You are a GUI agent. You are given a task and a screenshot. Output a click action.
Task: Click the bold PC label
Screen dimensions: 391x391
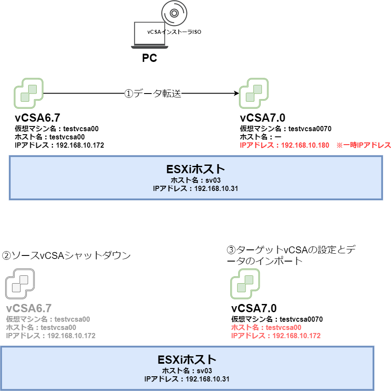point(149,58)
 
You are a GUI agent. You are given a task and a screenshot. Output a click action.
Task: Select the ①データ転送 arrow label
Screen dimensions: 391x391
point(152,94)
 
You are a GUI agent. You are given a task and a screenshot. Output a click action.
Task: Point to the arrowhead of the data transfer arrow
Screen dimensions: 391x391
point(236,93)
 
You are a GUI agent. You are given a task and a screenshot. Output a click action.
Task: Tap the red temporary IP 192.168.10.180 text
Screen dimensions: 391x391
point(284,145)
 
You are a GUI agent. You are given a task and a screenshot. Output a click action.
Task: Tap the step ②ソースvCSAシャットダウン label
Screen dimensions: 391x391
point(66,255)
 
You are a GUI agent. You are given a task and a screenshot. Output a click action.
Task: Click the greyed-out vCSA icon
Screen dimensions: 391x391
point(20,284)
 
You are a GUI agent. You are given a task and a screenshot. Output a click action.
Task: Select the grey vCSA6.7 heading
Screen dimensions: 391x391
point(29,308)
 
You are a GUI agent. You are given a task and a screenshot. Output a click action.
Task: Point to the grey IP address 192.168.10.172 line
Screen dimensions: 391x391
point(51,336)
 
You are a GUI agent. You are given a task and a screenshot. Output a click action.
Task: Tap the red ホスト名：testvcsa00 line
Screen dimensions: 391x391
point(266,328)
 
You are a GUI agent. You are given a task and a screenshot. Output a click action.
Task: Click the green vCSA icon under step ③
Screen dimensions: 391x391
point(245,284)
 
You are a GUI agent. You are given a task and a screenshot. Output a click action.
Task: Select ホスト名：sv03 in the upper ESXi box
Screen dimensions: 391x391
point(196,181)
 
